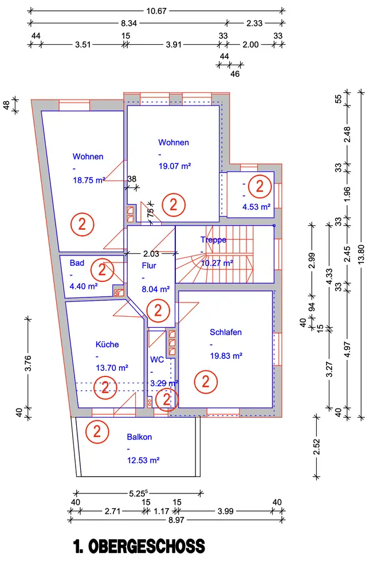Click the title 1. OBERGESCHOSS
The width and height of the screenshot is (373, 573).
coord(139,546)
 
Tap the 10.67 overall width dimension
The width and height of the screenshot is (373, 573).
coord(156,11)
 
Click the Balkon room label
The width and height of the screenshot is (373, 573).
coord(139,437)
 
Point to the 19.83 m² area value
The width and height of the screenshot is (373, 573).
coord(226,356)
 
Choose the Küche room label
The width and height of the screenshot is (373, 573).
coord(107,344)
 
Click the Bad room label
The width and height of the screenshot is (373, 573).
coord(77,263)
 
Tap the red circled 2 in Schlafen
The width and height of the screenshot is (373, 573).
coord(206,382)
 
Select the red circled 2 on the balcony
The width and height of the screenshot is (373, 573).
coord(97,431)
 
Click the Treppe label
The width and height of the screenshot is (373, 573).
coord(213,240)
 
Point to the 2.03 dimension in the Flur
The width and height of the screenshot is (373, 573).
coord(151,253)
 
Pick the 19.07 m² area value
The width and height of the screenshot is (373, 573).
coord(175,166)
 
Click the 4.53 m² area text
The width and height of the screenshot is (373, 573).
coord(257,207)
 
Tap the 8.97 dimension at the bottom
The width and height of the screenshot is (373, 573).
coord(176,520)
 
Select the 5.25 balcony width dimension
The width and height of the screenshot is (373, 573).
coord(138,493)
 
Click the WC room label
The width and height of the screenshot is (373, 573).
coord(157,360)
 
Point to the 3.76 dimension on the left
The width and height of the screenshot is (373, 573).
coord(28,363)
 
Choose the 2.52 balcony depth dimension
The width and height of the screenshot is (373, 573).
coord(316,446)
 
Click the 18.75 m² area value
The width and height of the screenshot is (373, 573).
coord(89,180)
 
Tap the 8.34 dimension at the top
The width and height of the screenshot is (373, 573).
coord(129,23)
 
